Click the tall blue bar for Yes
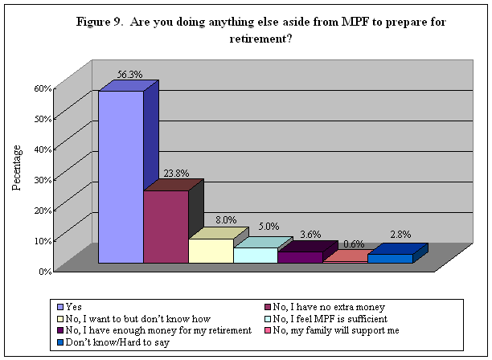(121, 177)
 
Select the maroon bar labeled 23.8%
(166, 227)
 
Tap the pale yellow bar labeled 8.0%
(210, 251)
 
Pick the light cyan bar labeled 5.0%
(255, 255)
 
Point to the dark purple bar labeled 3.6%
(300, 257)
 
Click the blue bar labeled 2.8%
(390, 258)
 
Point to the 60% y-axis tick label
(43, 88)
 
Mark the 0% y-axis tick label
(45, 270)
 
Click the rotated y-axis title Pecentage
(16, 168)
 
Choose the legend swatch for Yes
(61, 306)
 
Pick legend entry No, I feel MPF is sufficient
(326, 317)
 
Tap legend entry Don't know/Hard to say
(112, 342)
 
